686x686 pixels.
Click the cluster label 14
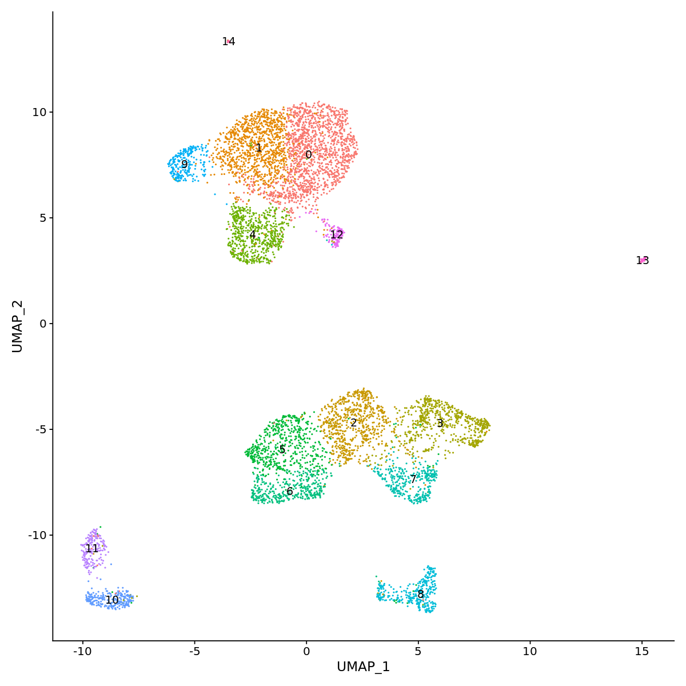pyautogui.click(x=229, y=42)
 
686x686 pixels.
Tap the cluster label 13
pyautogui.click(x=643, y=261)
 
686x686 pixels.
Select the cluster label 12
pyautogui.click(x=337, y=235)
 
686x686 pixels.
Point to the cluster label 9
pyautogui.click(x=184, y=165)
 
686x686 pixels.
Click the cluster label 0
pyautogui.click(x=309, y=155)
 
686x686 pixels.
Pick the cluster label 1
pyautogui.click(x=259, y=148)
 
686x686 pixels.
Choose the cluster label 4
pyautogui.click(x=252, y=235)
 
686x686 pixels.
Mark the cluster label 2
pyautogui.click(x=353, y=423)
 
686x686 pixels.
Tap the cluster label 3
pyautogui.click(x=440, y=424)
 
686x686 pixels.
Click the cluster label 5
pyautogui.click(x=282, y=450)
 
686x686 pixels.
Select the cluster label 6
pyautogui.click(x=290, y=492)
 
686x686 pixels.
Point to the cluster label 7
pyautogui.click(x=413, y=480)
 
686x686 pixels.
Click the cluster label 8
pyautogui.click(x=421, y=595)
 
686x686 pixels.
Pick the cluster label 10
pyautogui.click(x=112, y=600)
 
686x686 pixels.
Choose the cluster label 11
pyautogui.click(x=92, y=549)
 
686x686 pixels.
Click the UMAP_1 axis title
pyautogui.click(x=363, y=667)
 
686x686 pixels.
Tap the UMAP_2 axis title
pyautogui.click(x=17, y=326)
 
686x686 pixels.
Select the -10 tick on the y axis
pyautogui.click(x=37, y=535)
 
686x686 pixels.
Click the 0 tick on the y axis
pyautogui.click(x=42, y=324)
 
